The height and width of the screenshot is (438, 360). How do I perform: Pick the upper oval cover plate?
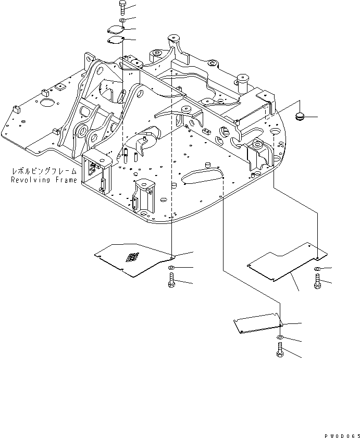coord(115,30)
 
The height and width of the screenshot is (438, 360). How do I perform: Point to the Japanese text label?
coord(44,171)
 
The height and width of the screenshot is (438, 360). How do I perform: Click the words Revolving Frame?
coord(44,180)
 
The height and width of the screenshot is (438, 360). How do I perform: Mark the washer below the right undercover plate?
coord(318,269)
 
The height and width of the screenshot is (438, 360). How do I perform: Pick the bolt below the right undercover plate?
coord(318,282)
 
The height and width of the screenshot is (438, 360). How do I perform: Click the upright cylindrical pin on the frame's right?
coord(243,81)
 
